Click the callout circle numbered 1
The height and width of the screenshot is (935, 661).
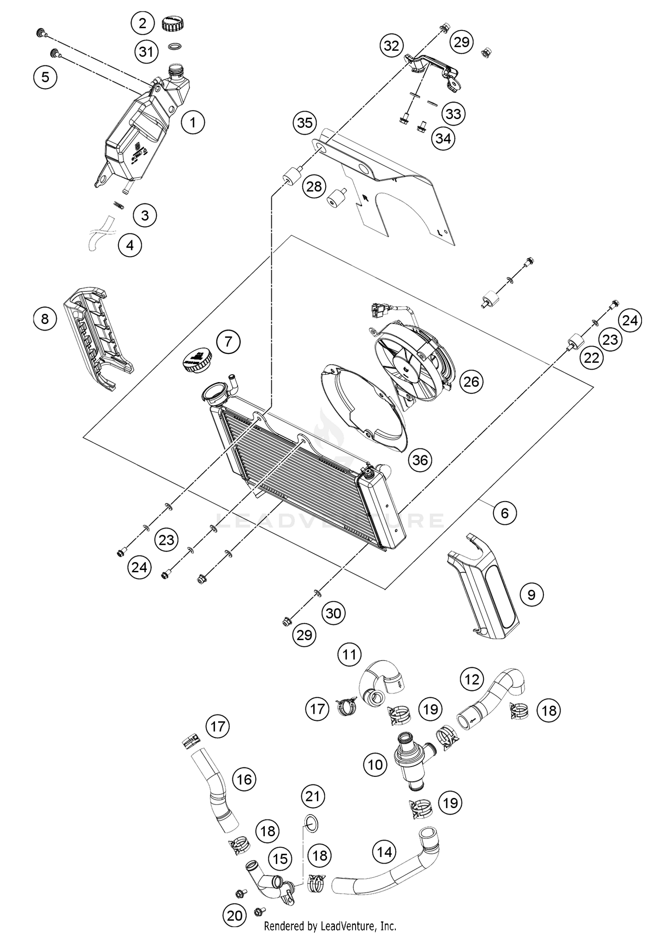(193, 122)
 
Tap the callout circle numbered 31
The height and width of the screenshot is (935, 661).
(146, 52)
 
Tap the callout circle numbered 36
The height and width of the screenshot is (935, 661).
(420, 460)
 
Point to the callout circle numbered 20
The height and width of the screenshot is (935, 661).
(234, 916)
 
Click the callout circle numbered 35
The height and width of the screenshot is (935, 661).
(305, 123)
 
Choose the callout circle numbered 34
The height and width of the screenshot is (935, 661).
(443, 138)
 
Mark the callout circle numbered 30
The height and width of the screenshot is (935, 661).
(334, 613)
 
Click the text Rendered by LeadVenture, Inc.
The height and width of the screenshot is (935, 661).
(330, 926)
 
